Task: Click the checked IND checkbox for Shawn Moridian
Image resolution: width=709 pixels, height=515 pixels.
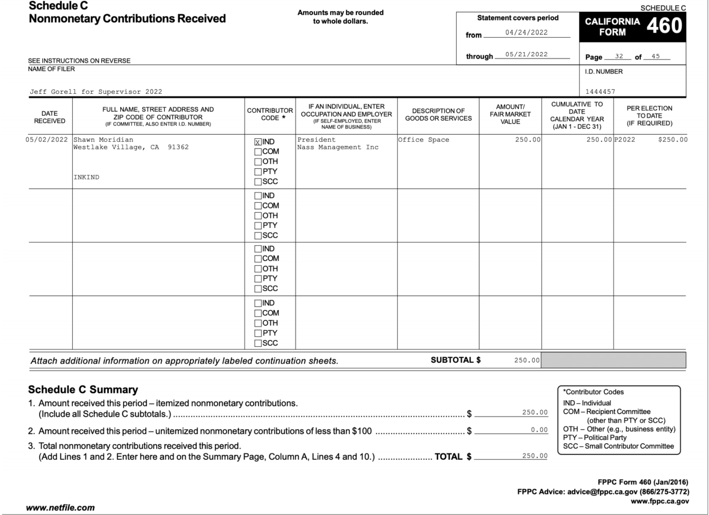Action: point(258,142)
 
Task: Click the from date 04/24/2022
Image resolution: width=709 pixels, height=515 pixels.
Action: point(526,33)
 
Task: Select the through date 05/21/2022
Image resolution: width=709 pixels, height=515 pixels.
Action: point(526,54)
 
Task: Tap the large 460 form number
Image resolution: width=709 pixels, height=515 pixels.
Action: point(664,26)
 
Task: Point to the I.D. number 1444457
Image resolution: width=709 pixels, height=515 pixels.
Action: point(600,92)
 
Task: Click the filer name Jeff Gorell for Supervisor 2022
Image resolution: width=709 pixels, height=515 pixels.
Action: point(96,92)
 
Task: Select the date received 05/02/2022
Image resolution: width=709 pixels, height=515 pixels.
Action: point(47,140)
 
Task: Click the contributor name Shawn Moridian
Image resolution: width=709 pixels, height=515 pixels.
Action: point(103,140)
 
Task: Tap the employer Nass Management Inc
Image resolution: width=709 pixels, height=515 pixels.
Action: point(338,147)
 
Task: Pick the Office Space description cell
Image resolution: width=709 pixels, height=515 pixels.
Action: point(423,140)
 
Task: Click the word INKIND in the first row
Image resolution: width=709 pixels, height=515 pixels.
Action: point(86,177)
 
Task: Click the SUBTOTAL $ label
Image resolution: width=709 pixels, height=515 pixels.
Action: point(455,360)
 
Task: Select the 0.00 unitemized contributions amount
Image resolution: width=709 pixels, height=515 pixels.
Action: point(539,430)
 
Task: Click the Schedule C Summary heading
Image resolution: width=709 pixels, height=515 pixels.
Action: point(83,390)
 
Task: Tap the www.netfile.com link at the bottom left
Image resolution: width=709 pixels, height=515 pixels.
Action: point(60,508)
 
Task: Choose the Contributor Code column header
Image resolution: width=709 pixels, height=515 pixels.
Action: point(270,114)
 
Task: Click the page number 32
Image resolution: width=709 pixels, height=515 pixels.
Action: point(619,56)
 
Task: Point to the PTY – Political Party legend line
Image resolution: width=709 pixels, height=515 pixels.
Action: point(594,438)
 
